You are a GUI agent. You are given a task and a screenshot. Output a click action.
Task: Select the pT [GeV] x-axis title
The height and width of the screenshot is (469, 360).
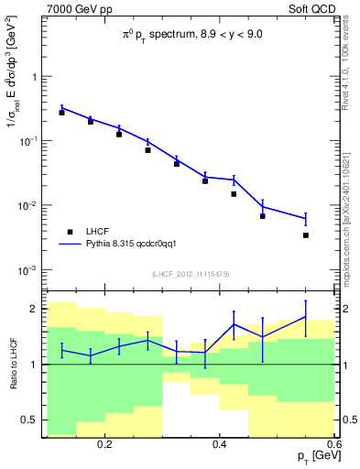pyautogui.click(x=312, y=455)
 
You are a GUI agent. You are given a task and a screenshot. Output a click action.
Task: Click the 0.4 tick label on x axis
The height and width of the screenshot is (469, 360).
pyautogui.click(x=219, y=442)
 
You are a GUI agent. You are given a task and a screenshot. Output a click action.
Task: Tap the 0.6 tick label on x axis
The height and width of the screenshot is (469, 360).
pyautogui.click(x=332, y=442)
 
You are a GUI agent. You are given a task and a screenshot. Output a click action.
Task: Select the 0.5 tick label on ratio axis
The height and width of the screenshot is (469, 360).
pyautogui.click(x=31, y=420)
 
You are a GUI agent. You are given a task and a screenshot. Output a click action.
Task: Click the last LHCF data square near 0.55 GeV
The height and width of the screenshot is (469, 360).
pyautogui.click(x=306, y=235)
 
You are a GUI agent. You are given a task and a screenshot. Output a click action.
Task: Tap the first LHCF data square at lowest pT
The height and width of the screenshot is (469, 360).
pyautogui.click(x=61, y=113)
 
